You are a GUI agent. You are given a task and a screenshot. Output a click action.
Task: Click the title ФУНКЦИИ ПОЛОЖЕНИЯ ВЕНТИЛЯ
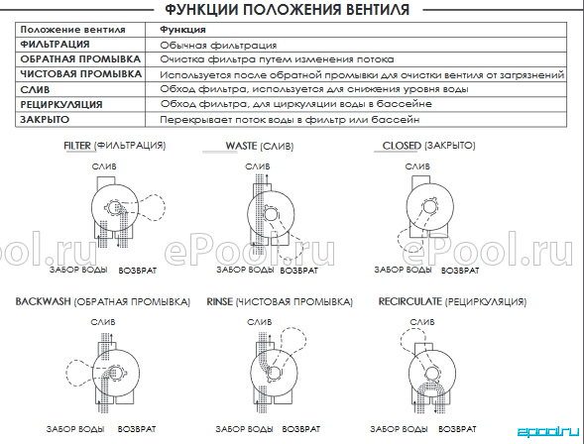point(287,9)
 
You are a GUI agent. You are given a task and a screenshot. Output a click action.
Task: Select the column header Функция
point(182,30)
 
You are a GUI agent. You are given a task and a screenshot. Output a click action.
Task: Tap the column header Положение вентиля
point(72,30)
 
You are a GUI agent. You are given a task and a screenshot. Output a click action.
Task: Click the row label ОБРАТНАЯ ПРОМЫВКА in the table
point(80,59)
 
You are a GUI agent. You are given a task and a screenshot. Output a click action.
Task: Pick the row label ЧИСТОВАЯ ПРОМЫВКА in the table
point(81,74)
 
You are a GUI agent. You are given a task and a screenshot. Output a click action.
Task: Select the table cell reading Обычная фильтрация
point(218,46)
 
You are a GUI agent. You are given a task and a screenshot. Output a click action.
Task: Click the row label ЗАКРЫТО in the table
point(45,120)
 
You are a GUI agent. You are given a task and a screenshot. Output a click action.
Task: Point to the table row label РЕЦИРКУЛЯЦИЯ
point(61,105)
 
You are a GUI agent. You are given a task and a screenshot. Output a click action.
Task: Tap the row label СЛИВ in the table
point(35,90)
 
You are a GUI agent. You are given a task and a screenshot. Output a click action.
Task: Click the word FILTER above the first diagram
point(77,145)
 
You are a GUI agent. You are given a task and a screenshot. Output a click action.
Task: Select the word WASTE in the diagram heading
point(241,146)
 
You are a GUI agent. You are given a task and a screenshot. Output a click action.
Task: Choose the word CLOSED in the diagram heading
point(402,145)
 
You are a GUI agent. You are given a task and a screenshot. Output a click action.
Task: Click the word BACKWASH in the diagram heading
point(43,301)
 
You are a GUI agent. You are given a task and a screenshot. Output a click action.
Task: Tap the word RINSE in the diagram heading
point(220,301)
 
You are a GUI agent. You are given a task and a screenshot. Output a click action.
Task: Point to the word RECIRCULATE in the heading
point(410,301)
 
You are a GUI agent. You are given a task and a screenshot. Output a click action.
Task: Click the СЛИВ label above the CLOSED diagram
point(417,166)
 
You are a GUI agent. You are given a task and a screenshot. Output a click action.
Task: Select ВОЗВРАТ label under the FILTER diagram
point(138,271)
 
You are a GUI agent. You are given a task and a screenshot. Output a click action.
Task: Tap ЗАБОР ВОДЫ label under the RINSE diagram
point(244,429)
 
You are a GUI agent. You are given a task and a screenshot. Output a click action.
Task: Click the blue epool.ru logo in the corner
point(548,432)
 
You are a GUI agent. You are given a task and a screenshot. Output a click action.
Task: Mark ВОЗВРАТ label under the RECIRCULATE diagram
point(457,429)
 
